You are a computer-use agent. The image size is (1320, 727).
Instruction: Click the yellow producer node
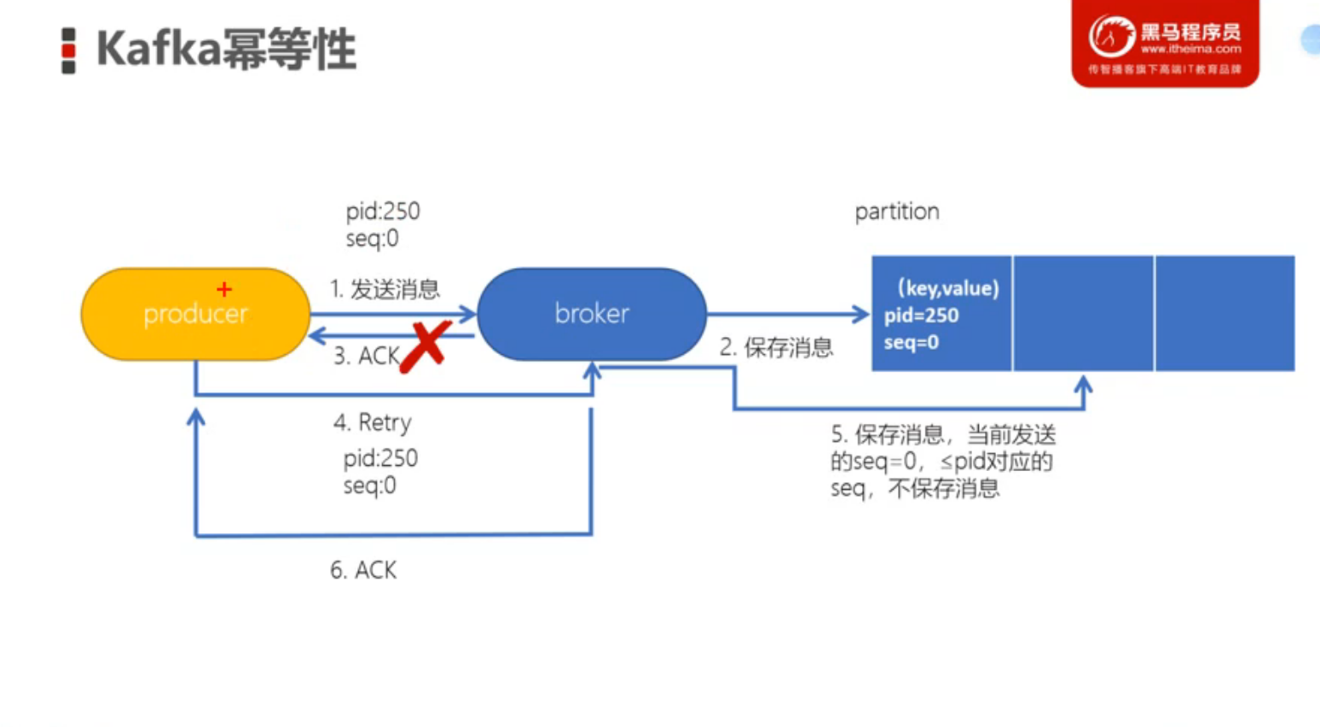(195, 314)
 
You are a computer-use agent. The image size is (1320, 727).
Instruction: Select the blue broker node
(592, 314)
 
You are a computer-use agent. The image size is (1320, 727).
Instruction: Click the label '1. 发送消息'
(385, 289)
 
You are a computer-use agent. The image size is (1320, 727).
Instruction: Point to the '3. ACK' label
(366, 356)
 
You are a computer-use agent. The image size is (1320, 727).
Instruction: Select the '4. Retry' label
(373, 422)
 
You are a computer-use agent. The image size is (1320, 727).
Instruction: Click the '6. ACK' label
(363, 570)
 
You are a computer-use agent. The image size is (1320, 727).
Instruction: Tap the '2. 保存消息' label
(776, 347)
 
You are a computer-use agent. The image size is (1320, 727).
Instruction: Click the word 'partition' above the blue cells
(897, 212)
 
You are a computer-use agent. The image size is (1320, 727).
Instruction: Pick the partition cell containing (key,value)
(941, 313)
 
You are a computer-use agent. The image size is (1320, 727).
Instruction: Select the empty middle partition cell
(1083, 313)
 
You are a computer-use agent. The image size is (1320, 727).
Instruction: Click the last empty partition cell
(1224, 313)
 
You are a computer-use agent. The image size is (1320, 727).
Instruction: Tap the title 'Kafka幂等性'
(226, 49)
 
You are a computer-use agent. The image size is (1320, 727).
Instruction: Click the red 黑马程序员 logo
(1165, 43)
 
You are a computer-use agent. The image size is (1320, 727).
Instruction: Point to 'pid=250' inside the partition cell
(921, 316)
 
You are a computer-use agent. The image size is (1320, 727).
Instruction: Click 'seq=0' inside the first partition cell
(912, 343)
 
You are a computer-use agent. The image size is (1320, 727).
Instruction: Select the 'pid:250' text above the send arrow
(383, 211)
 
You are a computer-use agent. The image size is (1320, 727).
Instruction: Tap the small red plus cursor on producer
(224, 290)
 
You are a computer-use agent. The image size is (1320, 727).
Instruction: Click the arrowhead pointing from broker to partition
(861, 314)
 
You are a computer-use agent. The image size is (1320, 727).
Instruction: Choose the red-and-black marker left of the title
(69, 50)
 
